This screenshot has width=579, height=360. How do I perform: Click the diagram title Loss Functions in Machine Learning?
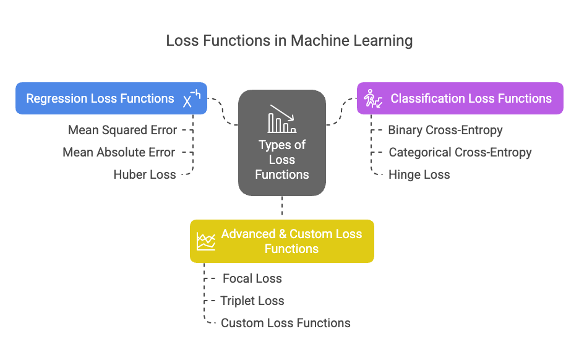point(289,41)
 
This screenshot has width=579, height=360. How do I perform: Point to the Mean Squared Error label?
point(122,131)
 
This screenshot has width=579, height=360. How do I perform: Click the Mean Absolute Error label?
point(119,152)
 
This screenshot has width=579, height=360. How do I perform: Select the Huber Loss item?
point(145,174)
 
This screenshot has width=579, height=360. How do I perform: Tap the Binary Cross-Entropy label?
point(445,131)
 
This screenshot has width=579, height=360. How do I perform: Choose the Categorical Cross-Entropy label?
point(460,152)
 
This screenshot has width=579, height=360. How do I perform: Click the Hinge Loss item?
point(419,174)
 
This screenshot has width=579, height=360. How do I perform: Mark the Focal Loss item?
point(252,278)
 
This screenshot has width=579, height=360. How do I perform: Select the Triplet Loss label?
point(252,301)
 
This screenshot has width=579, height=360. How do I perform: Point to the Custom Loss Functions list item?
point(285,323)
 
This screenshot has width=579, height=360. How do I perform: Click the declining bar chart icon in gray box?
point(282,119)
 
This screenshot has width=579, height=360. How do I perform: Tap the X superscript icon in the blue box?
point(191,99)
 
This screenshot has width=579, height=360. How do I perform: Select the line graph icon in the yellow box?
point(205,241)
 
